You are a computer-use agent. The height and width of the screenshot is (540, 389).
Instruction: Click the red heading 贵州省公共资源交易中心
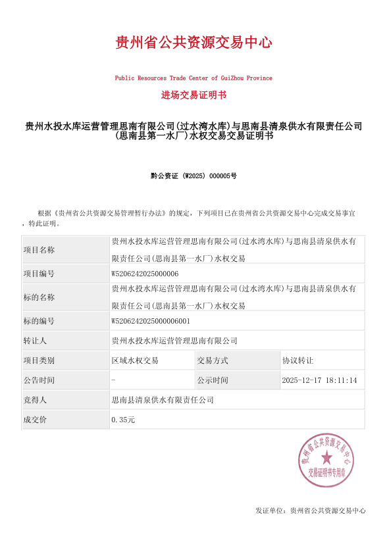click(x=194, y=43)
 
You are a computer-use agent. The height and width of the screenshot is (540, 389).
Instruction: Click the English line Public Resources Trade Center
click(x=194, y=78)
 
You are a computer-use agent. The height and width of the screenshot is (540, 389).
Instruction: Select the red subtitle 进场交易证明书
click(x=194, y=95)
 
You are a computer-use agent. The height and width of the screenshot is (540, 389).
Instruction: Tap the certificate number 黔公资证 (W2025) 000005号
click(x=194, y=176)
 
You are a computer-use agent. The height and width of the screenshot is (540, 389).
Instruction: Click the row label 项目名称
click(x=39, y=250)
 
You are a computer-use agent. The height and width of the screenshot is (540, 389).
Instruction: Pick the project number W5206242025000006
click(x=145, y=274)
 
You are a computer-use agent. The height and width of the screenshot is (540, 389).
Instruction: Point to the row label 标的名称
click(x=39, y=297)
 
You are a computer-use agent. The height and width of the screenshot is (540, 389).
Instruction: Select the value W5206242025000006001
click(x=151, y=321)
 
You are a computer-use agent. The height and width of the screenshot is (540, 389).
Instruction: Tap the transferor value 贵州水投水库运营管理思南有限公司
click(x=174, y=341)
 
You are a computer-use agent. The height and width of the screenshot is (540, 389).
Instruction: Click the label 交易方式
click(x=213, y=360)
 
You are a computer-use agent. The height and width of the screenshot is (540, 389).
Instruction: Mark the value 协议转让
click(x=298, y=360)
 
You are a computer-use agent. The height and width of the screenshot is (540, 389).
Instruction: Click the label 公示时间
click(x=213, y=380)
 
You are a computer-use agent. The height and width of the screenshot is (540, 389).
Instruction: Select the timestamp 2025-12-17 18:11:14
click(x=319, y=380)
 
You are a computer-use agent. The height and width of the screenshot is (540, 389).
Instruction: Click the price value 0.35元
click(x=123, y=420)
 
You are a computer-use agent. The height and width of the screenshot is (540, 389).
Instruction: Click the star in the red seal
click(x=326, y=458)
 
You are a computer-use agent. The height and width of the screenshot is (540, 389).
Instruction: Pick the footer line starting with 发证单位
click(x=310, y=510)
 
